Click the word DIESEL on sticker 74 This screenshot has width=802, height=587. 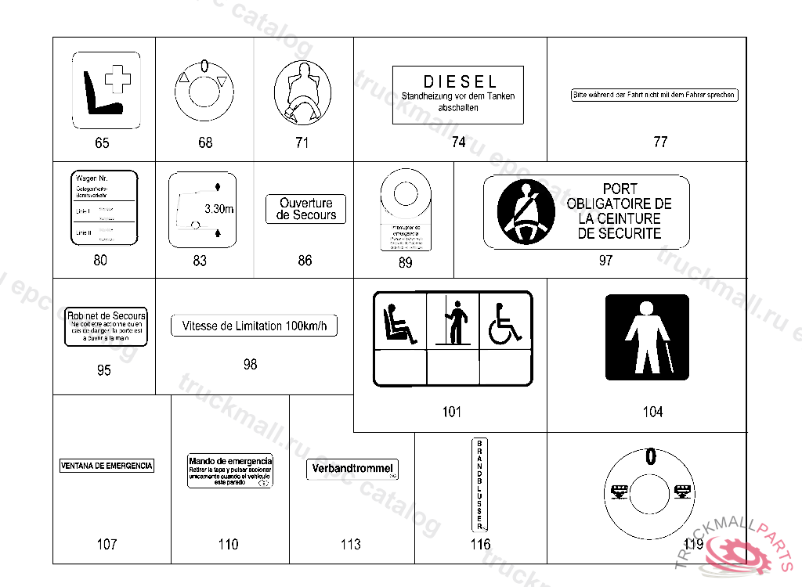(460, 81)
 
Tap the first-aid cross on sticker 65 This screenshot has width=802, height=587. (118, 79)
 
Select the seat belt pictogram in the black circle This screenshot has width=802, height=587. (522, 211)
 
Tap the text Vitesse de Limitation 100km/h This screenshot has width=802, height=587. (254, 326)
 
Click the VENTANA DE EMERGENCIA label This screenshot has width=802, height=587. (107, 466)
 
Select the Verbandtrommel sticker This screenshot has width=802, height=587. (352, 469)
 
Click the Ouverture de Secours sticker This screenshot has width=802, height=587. (306, 209)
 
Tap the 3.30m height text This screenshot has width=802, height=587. (219, 209)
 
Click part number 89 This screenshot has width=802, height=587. (405, 263)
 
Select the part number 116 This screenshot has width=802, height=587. (480, 544)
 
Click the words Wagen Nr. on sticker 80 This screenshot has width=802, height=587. (92, 179)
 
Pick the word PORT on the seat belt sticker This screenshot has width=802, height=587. (620, 189)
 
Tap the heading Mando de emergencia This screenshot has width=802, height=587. (229, 461)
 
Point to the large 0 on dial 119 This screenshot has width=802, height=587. (649, 456)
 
